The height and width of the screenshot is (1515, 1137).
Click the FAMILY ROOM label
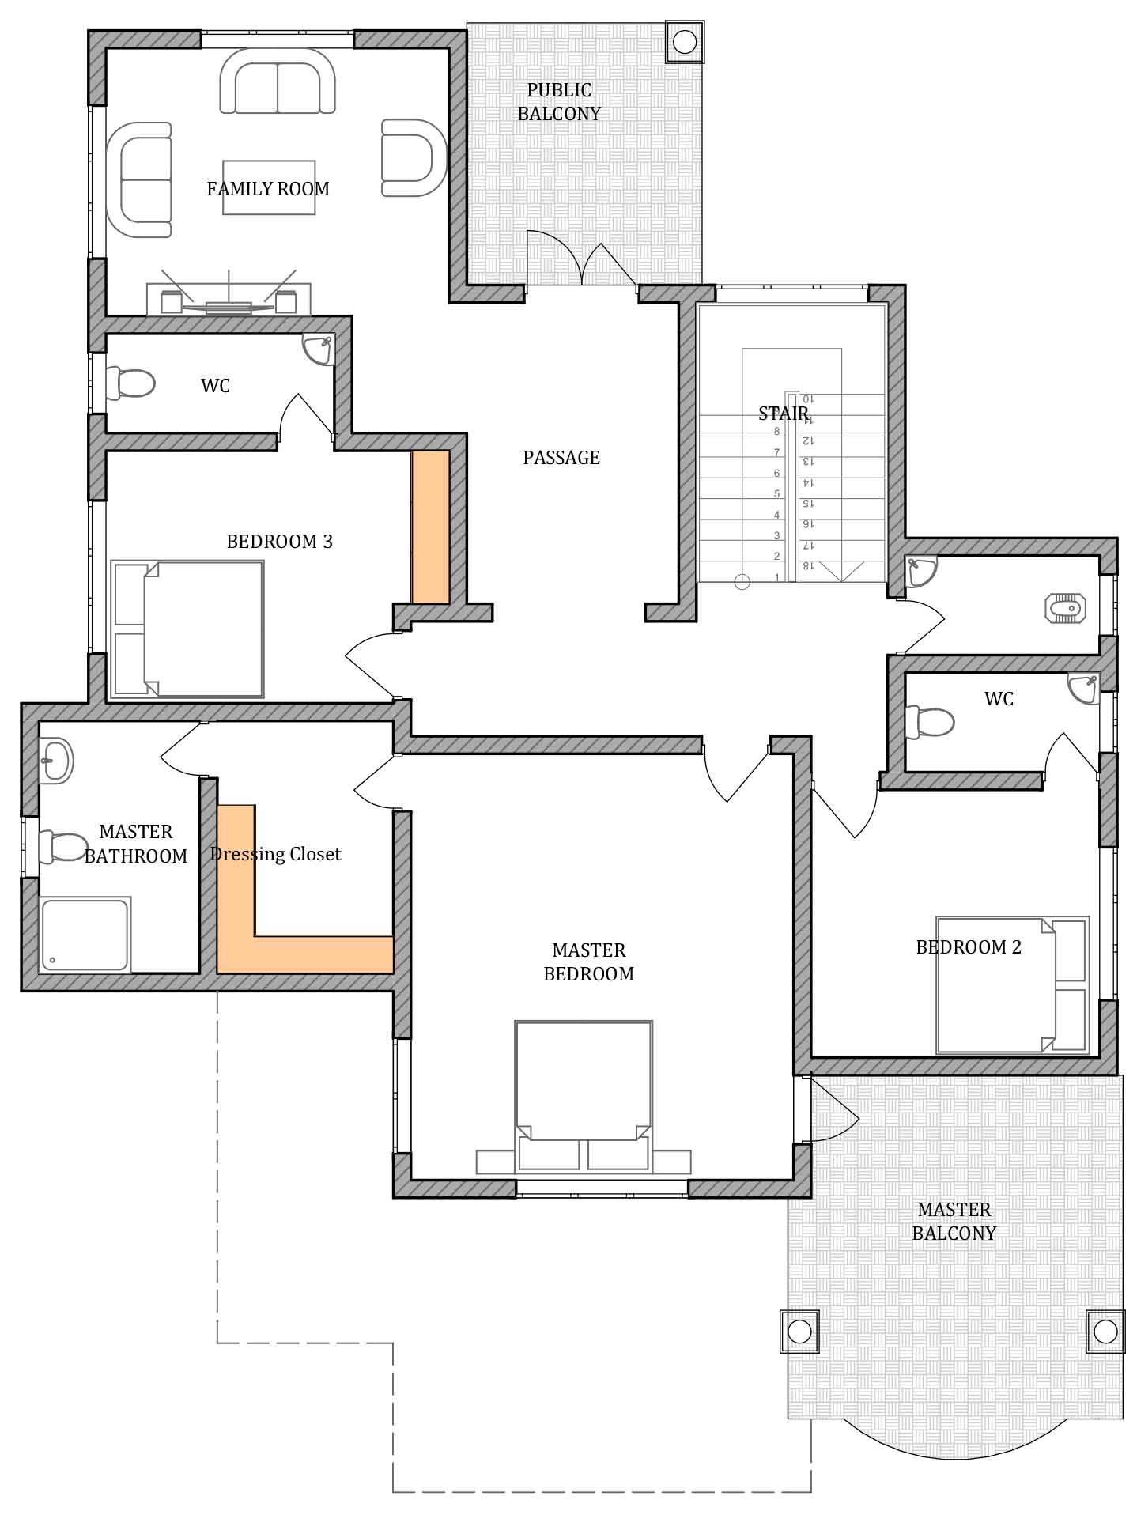pyautogui.click(x=268, y=189)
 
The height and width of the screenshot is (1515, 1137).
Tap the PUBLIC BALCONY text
pyautogui.click(x=559, y=102)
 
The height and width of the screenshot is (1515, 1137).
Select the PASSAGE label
pyautogui.click(x=561, y=458)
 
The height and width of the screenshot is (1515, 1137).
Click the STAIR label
pyautogui.click(x=784, y=414)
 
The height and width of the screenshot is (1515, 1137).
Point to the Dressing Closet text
pyautogui.click(x=276, y=854)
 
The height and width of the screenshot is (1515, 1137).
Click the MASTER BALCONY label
pyautogui.click(x=954, y=1222)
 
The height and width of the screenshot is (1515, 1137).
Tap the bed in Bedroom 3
pyautogui.click(x=187, y=629)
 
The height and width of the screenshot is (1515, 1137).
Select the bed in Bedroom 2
pyautogui.click(x=1013, y=985)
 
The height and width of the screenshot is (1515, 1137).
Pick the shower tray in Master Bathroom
pyautogui.click(x=85, y=934)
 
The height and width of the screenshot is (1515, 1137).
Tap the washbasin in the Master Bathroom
pyautogui.click(x=56, y=761)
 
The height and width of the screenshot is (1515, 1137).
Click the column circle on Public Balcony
pyautogui.click(x=685, y=42)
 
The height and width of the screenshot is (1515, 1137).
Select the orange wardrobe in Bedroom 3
pyautogui.click(x=431, y=527)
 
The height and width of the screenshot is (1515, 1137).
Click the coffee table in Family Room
pyautogui.click(x=269, y=187)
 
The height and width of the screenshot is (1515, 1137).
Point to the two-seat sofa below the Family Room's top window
pyautogui.click(x=278, y=81)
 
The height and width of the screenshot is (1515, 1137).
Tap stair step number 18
pyautogui.click(x=807, y=566)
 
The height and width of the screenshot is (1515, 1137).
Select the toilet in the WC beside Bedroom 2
pyautogui.click(x=930, y=722)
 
